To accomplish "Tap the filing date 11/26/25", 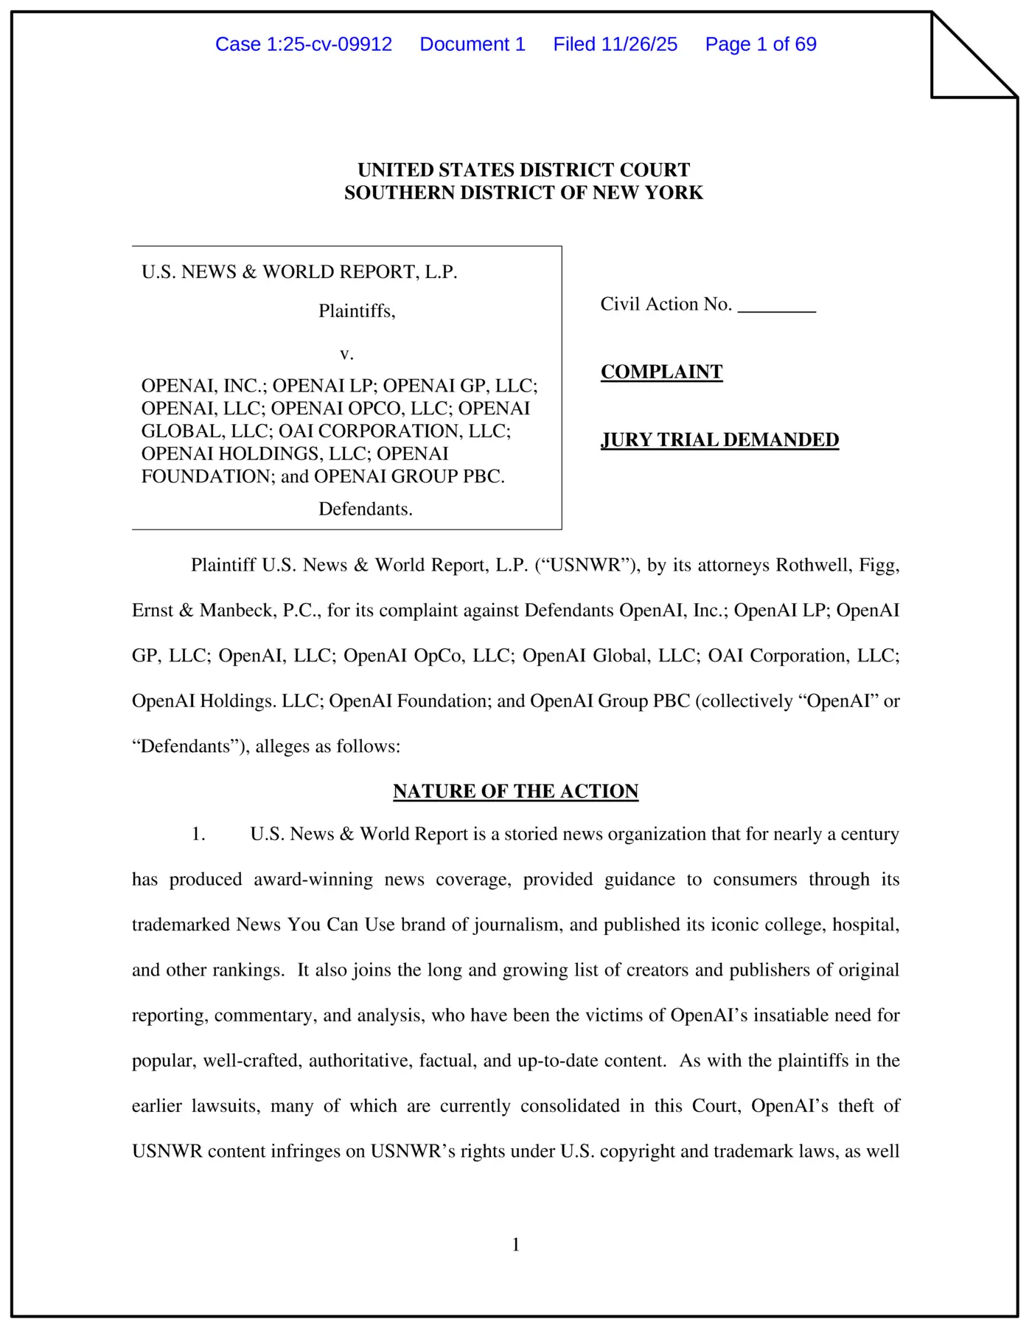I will click(x=639, y=44).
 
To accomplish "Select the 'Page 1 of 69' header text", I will click(x=760, y=44).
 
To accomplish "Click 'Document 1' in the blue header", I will click(x=473, y=44).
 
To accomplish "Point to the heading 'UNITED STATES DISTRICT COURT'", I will click(x=523, y=170).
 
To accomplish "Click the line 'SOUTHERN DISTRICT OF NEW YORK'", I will click(x=523, y=192).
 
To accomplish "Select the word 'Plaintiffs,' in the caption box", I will click(x=357, y=311).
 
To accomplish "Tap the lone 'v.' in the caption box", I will click(x=346, y=354).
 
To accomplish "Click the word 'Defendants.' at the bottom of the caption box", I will click(x=365, y=509).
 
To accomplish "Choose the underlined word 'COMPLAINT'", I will click(x=661, y=372).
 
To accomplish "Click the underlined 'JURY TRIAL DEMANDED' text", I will click(x=719, y=439).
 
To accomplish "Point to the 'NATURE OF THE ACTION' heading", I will click(x=515, y=791).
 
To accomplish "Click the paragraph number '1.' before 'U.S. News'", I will click(x=198, y=834).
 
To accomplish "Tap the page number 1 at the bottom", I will click(x=516, y=1245).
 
